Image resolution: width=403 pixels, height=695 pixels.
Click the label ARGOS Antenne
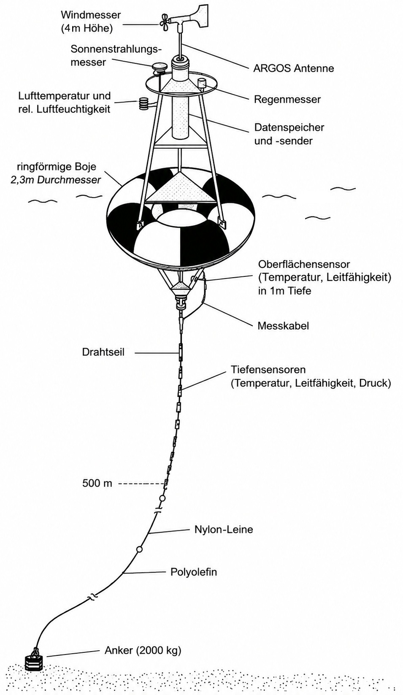pos(293,68)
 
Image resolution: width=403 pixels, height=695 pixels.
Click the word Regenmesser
pos(287,99)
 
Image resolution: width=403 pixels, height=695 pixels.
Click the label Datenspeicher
pos(289,127)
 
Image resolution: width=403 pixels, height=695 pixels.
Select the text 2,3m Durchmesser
pos(56,180)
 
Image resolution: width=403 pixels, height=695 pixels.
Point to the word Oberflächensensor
pos(304,264)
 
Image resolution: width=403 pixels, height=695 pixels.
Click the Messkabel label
pos(283,326)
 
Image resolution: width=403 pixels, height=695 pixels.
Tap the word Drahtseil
pos(103,352)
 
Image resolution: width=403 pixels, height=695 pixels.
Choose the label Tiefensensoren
pos(268,370)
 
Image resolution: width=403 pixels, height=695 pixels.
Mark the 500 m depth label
pos(97,484)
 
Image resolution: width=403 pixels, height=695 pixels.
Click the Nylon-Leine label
pos(224,529)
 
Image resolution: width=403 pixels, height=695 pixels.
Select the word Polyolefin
pos(194,572)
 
